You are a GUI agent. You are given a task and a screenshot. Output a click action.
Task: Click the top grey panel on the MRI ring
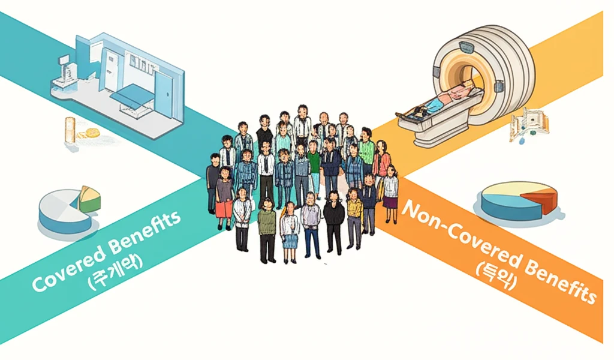point(465,48)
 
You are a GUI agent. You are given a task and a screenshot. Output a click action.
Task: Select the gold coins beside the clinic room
point(91,133)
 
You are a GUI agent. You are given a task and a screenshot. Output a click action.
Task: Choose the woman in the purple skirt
point(390,192)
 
